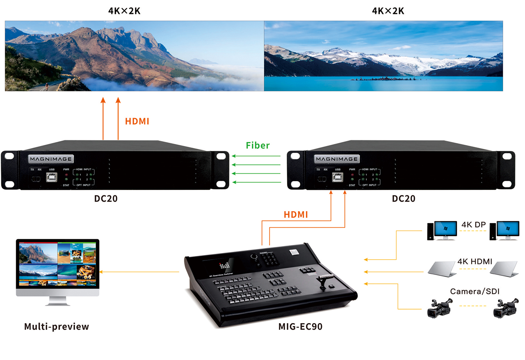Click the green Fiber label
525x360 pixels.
coord(258,145)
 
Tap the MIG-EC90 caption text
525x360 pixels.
coord(300,327)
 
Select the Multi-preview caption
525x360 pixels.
coord(57,327)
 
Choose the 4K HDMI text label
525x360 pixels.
coord(475,261)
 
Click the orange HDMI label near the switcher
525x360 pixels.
coord(296,214)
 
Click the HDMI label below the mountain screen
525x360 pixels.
coord(137,121)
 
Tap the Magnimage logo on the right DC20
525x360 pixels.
coord(336,159)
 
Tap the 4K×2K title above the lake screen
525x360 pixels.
coord(388,11)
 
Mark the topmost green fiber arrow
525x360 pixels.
coord(256,156)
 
